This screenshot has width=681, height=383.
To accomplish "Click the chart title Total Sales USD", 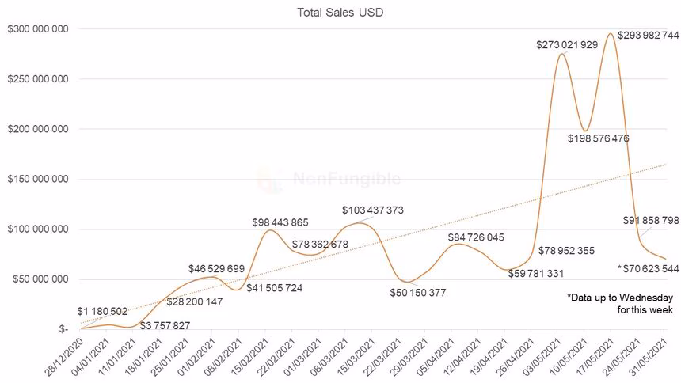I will coord(340,12).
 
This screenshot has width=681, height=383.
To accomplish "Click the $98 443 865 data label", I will coord(280,222).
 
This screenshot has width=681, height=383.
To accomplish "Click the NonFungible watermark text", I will coord(346,180).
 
